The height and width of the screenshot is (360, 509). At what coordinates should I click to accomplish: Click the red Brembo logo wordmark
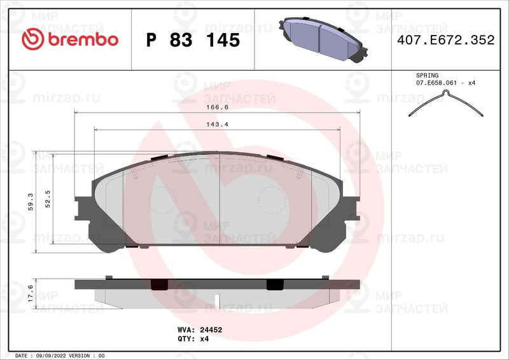tap(70, 39)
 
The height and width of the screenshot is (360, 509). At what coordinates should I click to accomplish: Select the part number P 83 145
tap(193, 40)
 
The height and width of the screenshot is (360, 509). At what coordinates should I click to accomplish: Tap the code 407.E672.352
tap(446, 40)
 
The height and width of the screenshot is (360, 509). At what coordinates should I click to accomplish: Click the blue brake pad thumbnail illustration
tap(323, 39)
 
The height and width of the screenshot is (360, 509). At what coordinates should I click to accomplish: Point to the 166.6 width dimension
tap(218, 107)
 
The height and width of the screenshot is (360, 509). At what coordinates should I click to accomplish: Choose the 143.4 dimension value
tap(218, 124)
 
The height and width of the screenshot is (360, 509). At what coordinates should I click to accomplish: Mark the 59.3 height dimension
tap(31, 202)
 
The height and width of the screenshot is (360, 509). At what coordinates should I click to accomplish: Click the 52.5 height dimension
tap(48, 199)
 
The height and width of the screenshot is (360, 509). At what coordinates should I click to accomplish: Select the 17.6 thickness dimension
tap(31, 293)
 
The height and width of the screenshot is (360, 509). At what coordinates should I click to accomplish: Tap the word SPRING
tap(427, 75)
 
